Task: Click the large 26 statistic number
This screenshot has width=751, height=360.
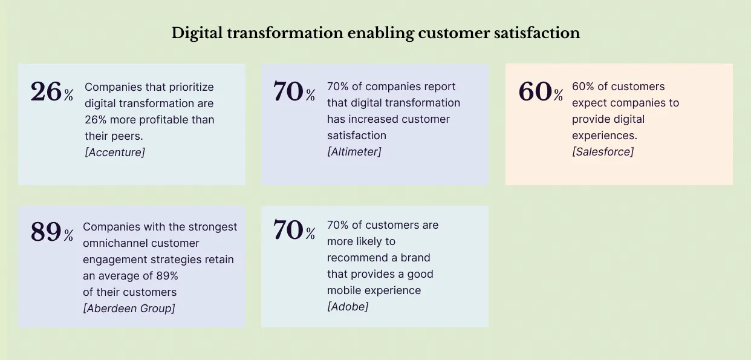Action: pos(46,91)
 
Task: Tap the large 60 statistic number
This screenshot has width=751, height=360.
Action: pos(535,91)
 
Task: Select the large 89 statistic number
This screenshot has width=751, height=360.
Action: pos(46,232)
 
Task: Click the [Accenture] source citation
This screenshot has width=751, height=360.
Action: pos(115,152)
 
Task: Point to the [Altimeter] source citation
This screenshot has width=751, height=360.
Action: pos(354,152)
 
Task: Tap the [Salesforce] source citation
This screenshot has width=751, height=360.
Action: pos(603,152)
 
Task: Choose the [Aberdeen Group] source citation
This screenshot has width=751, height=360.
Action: pos(129,309)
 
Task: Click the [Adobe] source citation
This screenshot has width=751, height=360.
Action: pos(348,307)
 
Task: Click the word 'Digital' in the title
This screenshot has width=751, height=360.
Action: pos(193,33)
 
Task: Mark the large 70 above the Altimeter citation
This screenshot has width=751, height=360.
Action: pos(288,91)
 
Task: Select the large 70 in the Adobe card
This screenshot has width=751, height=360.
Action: pos(288,230)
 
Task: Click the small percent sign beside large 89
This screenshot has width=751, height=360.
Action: pos(68,235)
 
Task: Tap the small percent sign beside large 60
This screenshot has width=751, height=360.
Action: pos(558,95)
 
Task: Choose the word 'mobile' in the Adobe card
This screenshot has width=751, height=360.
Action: pos(343,290)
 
